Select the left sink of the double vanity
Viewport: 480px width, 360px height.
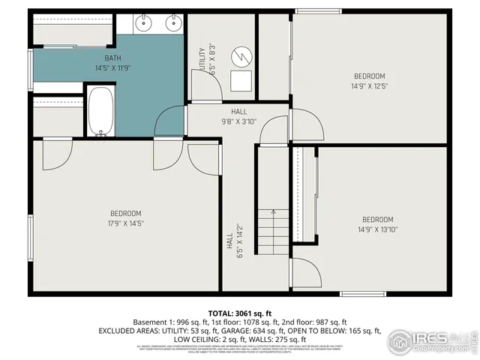[x=145, y=24]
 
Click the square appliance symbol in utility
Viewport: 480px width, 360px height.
[x=241, y=81]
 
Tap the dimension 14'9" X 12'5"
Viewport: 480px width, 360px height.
[x=369, y=86]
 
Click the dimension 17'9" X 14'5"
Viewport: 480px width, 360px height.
[x=126, y=223]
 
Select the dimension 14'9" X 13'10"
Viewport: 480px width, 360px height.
[x=377, y=229]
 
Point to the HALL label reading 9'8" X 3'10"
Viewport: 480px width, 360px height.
[x=238, y=121]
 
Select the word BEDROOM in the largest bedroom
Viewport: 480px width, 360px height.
[x=126, y=213]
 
